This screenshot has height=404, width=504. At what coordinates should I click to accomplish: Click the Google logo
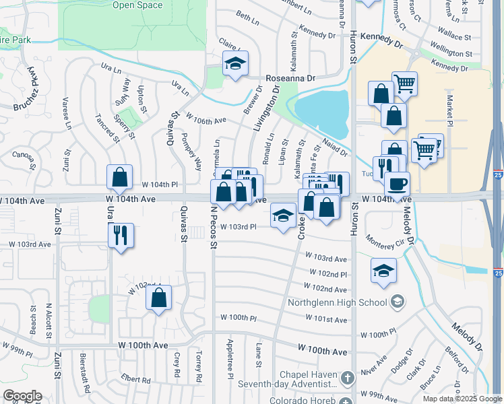tap(22, 396)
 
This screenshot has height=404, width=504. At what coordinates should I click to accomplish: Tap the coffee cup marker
tap(398, 182)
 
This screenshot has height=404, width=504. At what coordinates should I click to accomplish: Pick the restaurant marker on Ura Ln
tap(121, 235)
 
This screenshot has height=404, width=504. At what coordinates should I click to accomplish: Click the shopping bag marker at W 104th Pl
tap(119, 178)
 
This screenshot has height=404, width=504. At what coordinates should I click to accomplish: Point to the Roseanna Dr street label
tap(290, 78)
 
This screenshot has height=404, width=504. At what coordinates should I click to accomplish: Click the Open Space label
tap(137, 5)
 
